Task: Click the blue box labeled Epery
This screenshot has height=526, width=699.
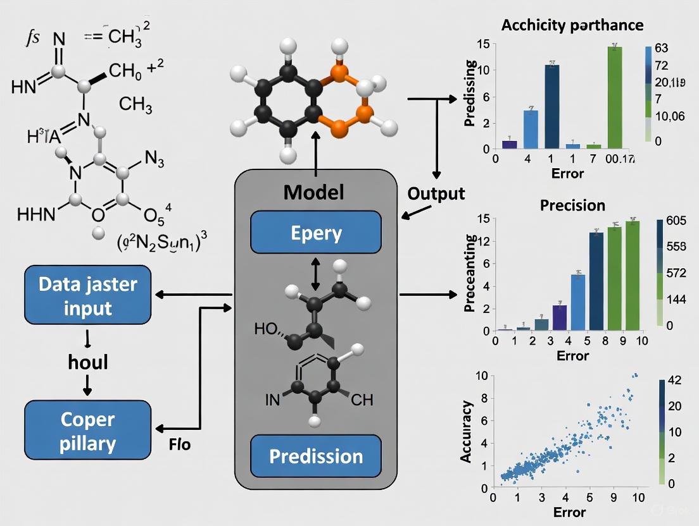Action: point(316,233)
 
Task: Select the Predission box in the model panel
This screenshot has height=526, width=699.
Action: point(316,456)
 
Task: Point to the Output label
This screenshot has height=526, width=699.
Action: point(436,193)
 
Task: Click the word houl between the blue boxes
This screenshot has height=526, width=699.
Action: point(88,362)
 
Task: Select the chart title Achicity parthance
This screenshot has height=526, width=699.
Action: point(572,25)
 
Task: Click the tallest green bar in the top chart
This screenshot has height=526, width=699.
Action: point(614,97)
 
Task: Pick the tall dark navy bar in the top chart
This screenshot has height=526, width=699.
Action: point(552,106)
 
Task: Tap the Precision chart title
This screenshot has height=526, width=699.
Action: point(572,205)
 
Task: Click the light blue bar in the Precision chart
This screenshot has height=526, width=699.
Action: point(577,302)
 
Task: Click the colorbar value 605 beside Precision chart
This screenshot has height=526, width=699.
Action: point(681,221)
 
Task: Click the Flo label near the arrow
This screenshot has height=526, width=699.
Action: point(179,445)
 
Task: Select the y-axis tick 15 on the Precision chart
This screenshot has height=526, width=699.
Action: point(482,219)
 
